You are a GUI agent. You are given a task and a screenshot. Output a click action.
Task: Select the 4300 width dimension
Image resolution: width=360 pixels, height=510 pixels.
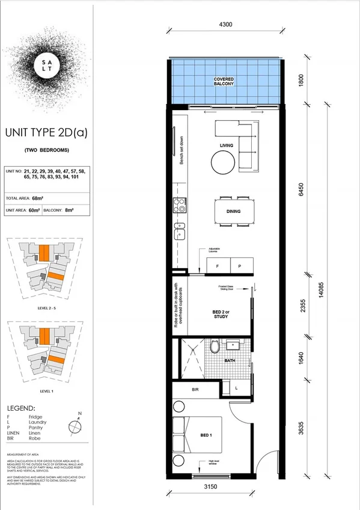tap(226, 25)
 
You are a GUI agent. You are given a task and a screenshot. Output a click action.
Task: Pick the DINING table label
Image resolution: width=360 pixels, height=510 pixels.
tap(234, 212)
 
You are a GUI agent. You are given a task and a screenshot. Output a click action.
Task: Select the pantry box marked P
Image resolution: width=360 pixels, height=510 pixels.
tap(239, 265)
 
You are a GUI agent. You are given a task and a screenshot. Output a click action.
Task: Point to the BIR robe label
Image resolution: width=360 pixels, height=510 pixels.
tap(195, 390)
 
